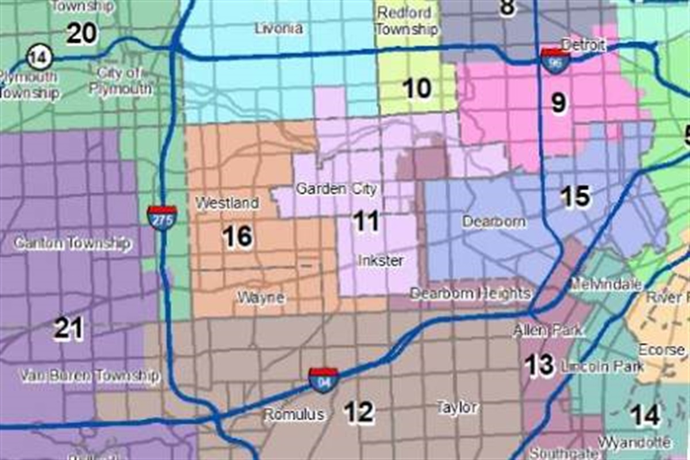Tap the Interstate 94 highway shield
coord(323,380)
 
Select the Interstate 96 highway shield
coord(555,61)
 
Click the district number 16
coord(237,236)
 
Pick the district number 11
coord(366,221)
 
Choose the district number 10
coord(416,89)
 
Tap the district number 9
coord(558,103)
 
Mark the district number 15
coord(575,197)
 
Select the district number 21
coord(68,328)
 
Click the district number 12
coord(359,412)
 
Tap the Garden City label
coord(336,189)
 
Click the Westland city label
coord(227,203)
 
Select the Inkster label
coord(381,260)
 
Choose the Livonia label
coord(279,28)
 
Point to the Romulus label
coord(294,414)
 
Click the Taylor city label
coord(457,408)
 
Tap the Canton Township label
coord(72,243)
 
